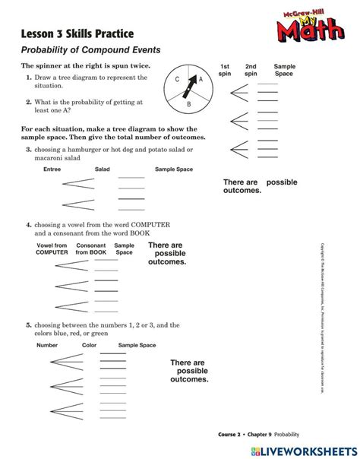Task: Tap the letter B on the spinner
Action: click(188, 104)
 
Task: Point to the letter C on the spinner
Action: click(177, 80)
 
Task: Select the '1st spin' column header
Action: click(225, 71)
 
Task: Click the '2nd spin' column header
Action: click(251, 71)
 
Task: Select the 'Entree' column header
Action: click(52, 169)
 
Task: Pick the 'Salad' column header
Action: click(103, 169)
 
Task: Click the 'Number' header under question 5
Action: click(47, 345)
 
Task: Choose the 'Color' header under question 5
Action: click(89, 345)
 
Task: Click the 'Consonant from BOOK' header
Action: click(90, 248)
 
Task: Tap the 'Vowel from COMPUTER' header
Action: click(52, 248)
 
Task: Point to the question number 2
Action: click(28, 101)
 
